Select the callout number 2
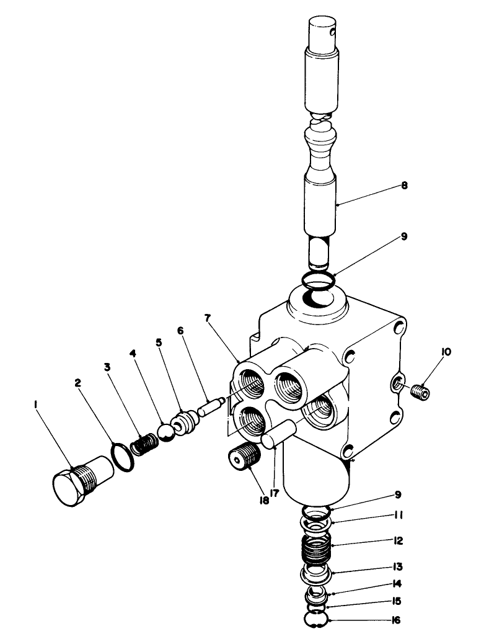tap(79, 383)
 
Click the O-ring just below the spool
tap(319, 280)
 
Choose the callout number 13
tap(397, 566)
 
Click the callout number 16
tap(397, 619)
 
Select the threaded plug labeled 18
tap(245, 457)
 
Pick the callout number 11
tap(397, 514)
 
